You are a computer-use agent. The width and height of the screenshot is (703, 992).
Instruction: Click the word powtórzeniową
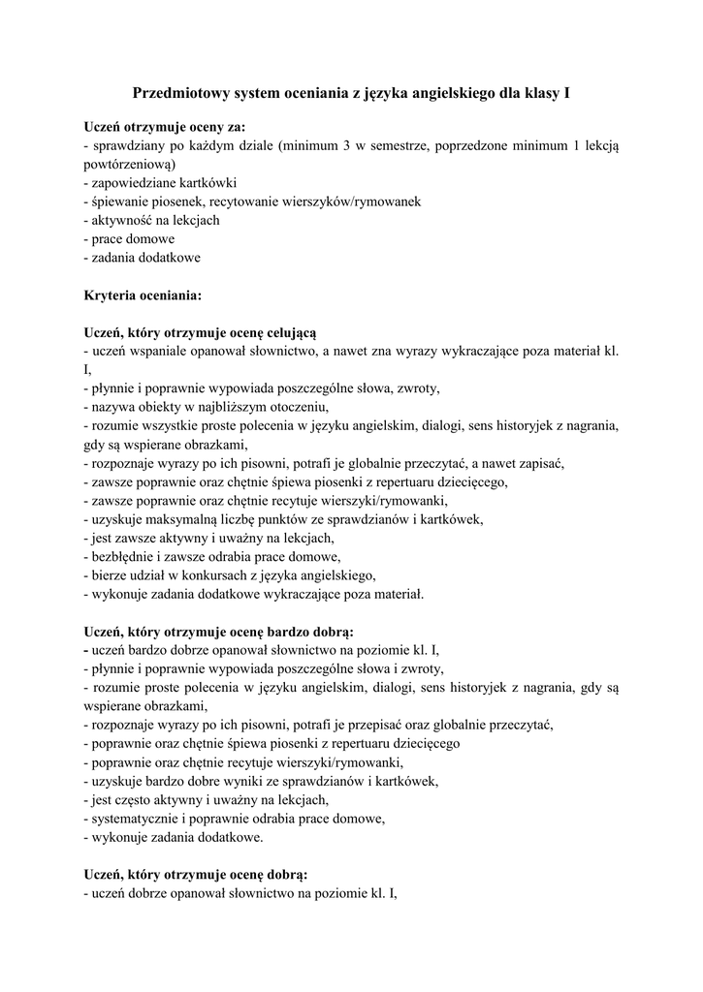pyautogui.click(x=128, y=165)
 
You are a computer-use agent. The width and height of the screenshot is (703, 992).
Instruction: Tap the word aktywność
pyautogui.click(x=119, y=220)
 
